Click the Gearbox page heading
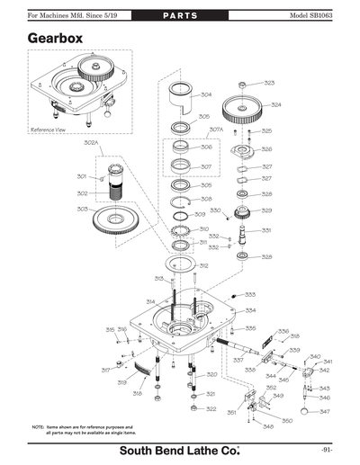(x=57, y=40)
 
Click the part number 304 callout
(x=206, y=94)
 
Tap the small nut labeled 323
(x=243, y=84)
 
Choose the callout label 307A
(x=216, y=130)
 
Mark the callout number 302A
(x=92, y=142)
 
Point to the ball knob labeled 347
(x=310, y=411)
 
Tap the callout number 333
(x=250, y=295)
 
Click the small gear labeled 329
(x=240, y=212)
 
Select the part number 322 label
(x=211, y=408)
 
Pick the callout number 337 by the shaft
(x=238, y=360)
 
